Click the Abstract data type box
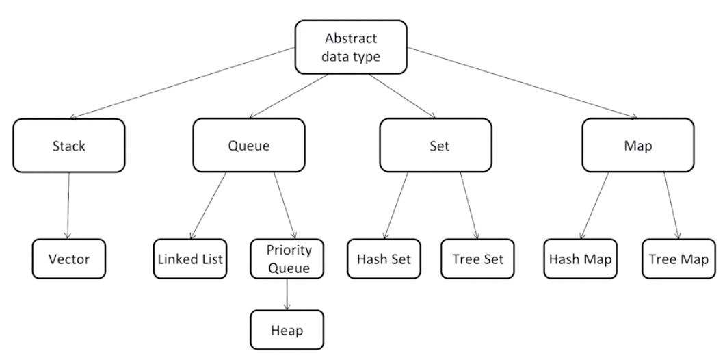[351, 47]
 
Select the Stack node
[69, 146]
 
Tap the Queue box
[249, 145]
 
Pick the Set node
[436, 145]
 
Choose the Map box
[637, 145]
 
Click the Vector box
[69, 259]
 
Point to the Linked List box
[190, 259]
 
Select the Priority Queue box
[287, 259]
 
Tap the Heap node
[287, 330]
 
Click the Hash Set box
[384, 259]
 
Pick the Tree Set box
[477, 259]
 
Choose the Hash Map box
[580, 259]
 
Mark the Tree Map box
[678, 259]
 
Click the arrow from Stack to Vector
[68, 206]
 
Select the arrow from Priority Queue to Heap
[287, 294]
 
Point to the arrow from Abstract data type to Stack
[183, 83]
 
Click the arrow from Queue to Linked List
[208, 206]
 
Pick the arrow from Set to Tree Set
[468, 206]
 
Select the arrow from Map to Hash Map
[595, 206]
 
